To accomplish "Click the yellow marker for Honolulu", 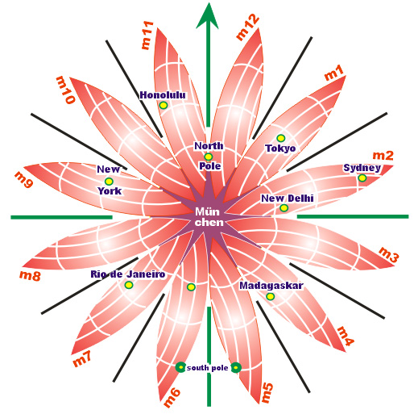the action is (x=164, y=105).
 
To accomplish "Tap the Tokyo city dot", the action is (x=280, y=138).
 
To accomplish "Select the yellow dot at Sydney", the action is (x=362, y=178).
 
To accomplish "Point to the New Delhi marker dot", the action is (x=284, y=208).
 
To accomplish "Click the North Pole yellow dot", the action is (x=208, y=157).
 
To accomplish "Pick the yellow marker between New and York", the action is (x=109, y=181).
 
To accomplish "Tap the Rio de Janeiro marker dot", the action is (x=129, y=285).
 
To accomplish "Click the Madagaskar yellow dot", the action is (x=270, y=296).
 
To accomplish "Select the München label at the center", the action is (x=209, y=217).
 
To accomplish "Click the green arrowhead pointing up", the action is (x=207, y=16).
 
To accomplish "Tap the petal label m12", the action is (x=247, y=27).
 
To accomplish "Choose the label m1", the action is (x=334, y=73).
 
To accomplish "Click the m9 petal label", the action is (x=24, y=179).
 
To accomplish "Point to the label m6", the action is (x=172, y=398).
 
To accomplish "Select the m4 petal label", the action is (x=346, y=337).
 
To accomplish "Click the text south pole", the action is (x=207, y=368).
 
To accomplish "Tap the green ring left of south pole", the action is (x=180, y=367).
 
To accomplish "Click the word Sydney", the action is (x=362, y=168).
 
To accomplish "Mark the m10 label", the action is (x=65, y=90).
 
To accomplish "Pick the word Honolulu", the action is (x=163, y=95).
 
